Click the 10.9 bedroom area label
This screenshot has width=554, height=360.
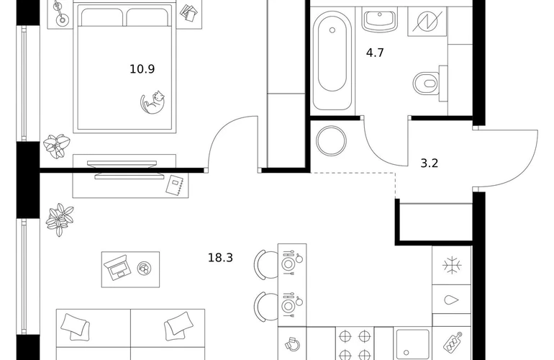point(142,69)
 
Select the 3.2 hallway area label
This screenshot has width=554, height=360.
point(429,163)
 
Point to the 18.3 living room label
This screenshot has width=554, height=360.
point(221,256)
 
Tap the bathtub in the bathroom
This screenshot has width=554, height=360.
point(332,61)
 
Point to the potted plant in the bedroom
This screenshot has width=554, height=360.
point(57,145)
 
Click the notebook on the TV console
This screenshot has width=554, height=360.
point(176,186)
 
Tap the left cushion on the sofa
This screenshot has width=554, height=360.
point(75,325)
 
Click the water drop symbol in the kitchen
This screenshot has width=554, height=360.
point(451,301)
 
